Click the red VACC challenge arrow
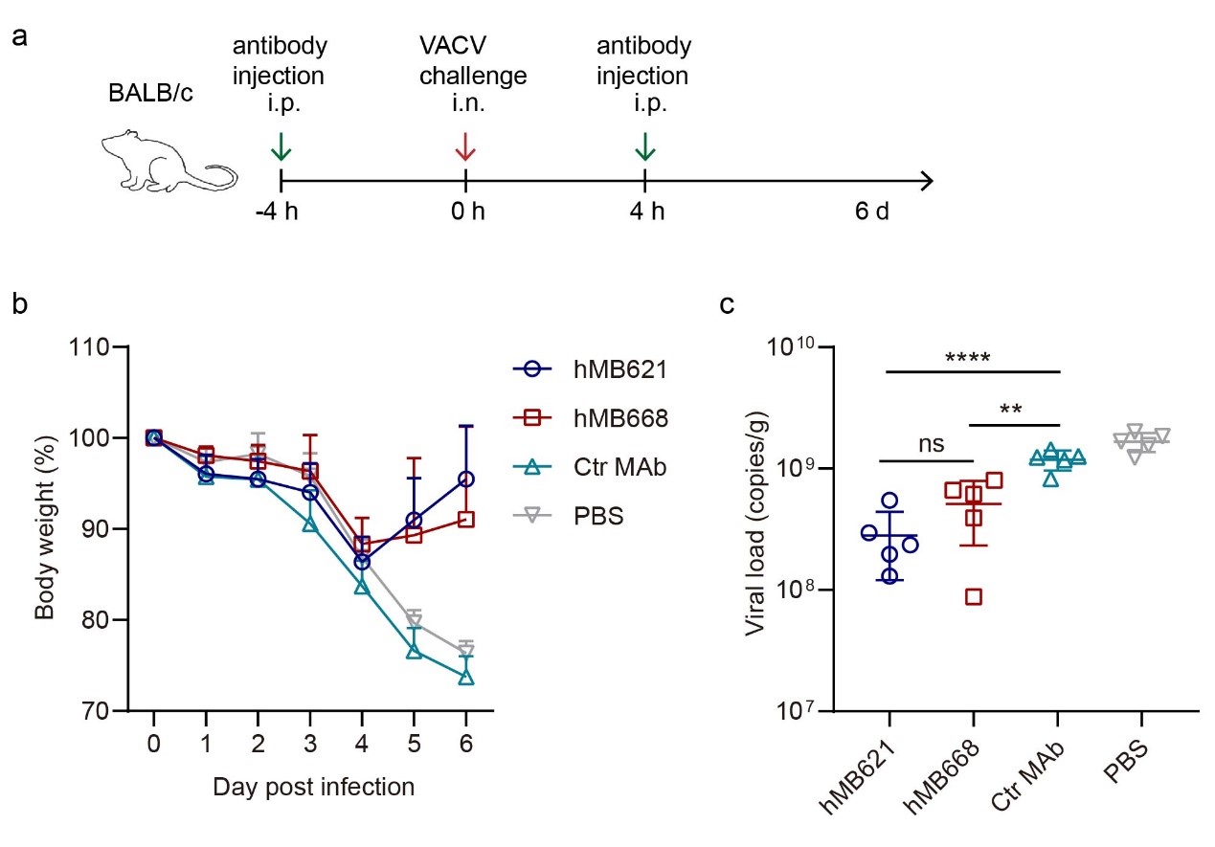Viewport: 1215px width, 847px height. pyautogui.click(x=465, y=146)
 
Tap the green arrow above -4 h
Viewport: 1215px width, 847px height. pyautogui.click(x=281, y=146)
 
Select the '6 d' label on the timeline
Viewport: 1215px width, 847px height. pyautogui.click(x=872, y=211)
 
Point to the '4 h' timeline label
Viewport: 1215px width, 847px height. pyautogui.click(x=645, y=211)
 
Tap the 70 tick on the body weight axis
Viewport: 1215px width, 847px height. pyautogui.click(x=106, y=711)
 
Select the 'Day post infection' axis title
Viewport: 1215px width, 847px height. pyautogui.click(x=313, y=788)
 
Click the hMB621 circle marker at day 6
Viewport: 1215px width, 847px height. pyautogui.click(x=466, y=479)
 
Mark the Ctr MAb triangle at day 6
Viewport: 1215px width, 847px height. pyautogui.click(x=466, y=678)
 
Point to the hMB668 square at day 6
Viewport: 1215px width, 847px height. pyautogui.click(x=466, y=520)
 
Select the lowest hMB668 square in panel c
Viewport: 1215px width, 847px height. pyautogui.click(x=973, y=597)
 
